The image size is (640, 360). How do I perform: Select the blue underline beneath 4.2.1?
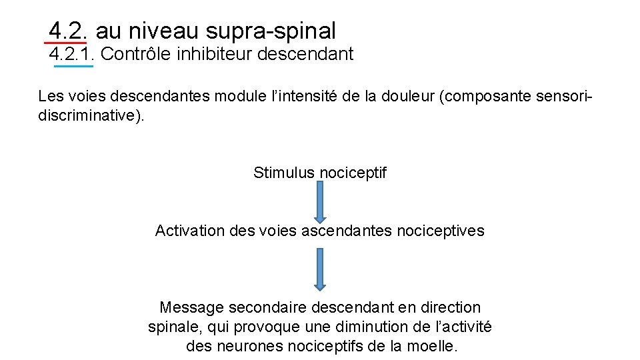(73, 66)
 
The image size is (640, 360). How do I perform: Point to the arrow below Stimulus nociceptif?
(320, 202)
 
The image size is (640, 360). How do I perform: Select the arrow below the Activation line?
(320, 269)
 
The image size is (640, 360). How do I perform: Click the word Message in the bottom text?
(192, 307)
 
